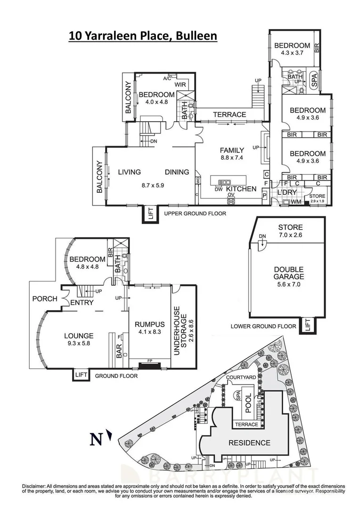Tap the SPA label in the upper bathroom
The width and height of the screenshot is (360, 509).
point(314,81)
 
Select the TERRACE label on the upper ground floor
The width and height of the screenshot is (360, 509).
point(229,115)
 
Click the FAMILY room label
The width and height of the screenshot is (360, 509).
point(232,150)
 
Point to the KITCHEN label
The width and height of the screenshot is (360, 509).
point(241,189)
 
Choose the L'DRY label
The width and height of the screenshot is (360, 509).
point(285,194)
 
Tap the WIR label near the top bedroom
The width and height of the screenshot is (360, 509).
point(180,85)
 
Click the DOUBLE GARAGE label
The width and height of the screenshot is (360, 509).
point(289,273)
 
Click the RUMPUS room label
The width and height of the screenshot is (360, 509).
point(149,324)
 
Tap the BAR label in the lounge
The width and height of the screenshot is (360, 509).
point(119,349)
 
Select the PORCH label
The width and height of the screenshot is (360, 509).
point(44,299)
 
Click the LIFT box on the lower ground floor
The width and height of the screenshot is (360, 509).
point(307,324)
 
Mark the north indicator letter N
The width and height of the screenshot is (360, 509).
point(96,439)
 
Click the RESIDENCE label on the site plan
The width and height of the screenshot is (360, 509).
point(249,443)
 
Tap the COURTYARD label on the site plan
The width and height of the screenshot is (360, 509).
point(240,378)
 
